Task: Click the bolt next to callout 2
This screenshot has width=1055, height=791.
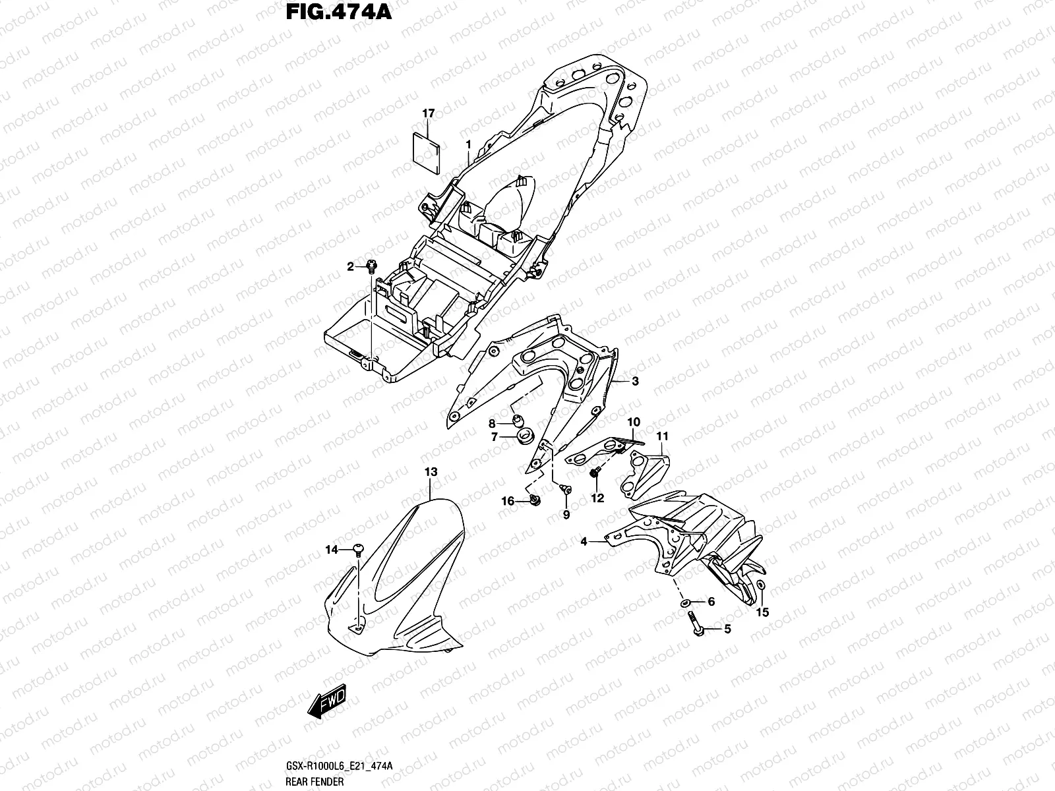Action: click(371, 266)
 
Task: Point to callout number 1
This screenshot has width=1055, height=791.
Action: click(467, 144)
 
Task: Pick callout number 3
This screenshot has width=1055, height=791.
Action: click(634, 381)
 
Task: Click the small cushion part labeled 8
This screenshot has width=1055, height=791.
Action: click(518, 421)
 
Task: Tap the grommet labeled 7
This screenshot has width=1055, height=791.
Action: click(526, 437)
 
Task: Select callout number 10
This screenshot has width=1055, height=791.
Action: click(633, 422)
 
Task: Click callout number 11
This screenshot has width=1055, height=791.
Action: click(662, 436)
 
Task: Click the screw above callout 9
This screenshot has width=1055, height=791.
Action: click(565, 488)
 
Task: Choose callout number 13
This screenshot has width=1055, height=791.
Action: click(431, 472)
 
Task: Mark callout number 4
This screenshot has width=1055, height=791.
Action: click(584, 542)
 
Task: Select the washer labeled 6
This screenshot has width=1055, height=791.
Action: click(687, 602)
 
